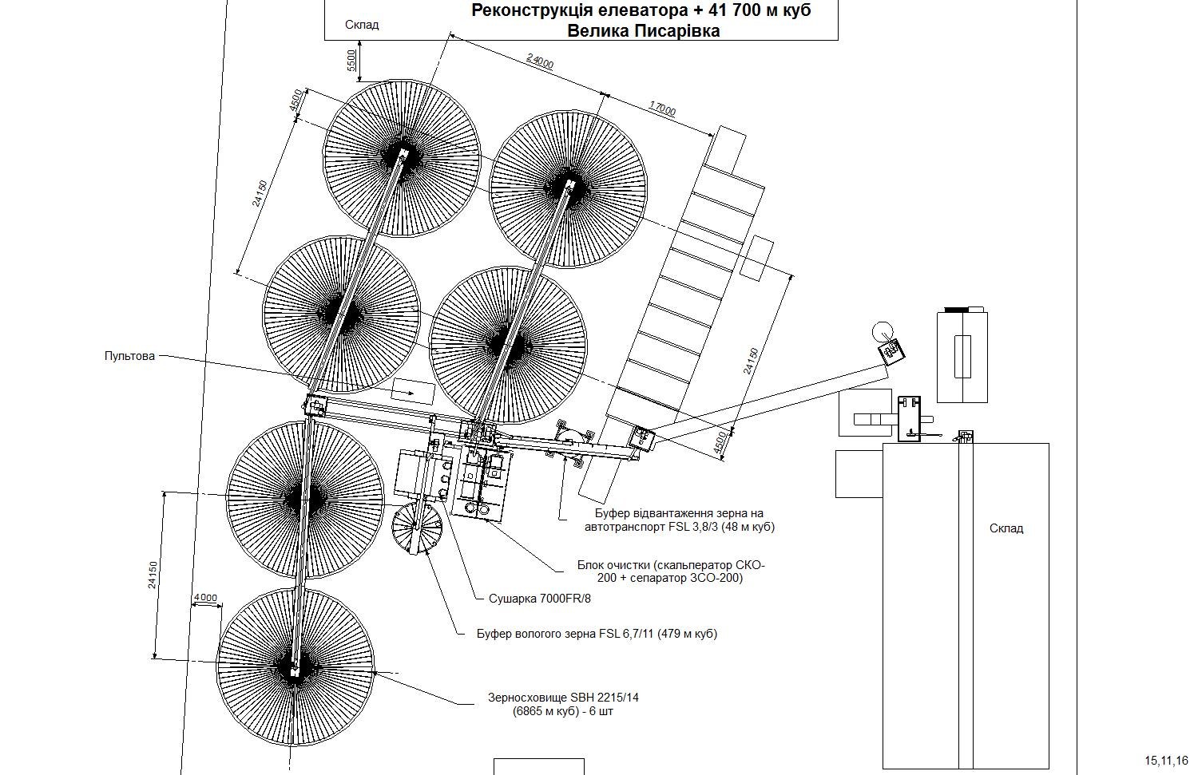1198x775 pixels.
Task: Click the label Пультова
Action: [129, 356]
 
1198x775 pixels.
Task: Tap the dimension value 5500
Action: [351, 61]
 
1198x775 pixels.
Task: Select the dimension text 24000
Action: [540, 61]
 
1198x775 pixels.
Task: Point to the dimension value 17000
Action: [663, 109]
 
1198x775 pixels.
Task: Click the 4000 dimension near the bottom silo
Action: [205, 598]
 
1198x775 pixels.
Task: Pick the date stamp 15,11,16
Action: [1166, 760]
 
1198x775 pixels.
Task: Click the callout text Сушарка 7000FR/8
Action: [540, 598]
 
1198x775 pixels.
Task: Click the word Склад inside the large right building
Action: [1006, 528]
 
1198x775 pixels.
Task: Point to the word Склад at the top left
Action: [362, 25]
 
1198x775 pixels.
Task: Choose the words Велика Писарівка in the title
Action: [644, 30]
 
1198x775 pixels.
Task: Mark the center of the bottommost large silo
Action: [296, 666]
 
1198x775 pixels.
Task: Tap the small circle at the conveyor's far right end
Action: [883, 331]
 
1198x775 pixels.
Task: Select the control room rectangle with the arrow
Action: [413, 392]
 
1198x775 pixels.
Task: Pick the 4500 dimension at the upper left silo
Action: [296, 100]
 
